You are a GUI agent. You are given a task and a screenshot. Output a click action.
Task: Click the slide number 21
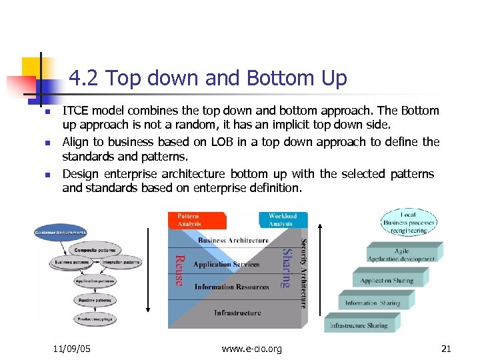click(x=447, y=349)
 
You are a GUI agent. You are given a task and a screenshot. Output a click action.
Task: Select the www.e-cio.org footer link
click(x=251, y=349)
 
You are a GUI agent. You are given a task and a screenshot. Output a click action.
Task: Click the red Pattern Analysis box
click(x=197, y=220)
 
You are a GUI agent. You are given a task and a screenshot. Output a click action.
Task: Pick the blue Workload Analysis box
click(x=283, y=220)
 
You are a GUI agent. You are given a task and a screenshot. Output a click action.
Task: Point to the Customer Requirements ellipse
click(x=61, y=233)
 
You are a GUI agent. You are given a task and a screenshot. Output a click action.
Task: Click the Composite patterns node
click(x=94, y=250)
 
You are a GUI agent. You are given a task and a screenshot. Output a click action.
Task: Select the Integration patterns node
click(x=121, y=263)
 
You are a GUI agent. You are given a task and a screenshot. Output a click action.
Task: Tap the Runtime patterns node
click(x=94, y=299)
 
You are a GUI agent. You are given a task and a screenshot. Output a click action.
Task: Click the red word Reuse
click(x=179, y=270)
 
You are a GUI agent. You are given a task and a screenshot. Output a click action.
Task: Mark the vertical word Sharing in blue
click(x=285, y=268)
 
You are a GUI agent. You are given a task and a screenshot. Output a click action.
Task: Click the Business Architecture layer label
click(x=233, y=241)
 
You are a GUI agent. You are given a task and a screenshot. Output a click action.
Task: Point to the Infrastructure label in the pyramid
click(x=237, y=313)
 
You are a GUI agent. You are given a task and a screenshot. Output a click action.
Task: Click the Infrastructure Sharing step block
click(x=358, y=325)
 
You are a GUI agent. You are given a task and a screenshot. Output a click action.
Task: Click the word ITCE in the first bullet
click(x=75, y=111)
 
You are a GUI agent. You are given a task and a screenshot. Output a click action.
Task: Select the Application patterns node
click(x=94, y=281)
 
